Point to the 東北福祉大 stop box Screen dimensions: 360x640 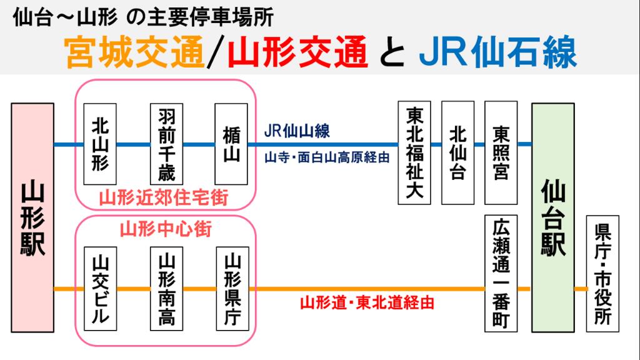[415, 153]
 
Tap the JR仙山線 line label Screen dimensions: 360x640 [297, 132]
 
